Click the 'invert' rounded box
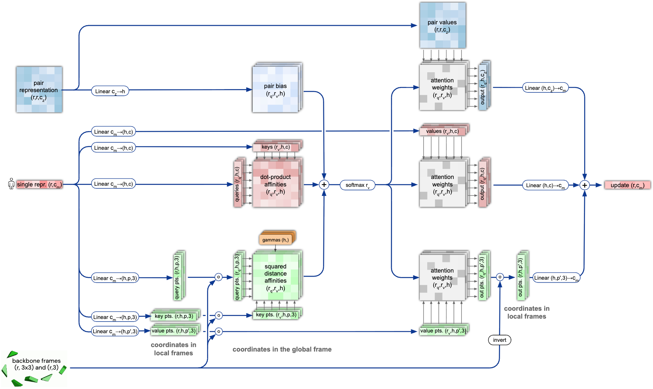click(x=499, y=340)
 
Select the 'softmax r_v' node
click(x=357, y=185)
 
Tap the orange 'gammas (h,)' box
click(x=275, y=240)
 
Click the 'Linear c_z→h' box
click(x=110, y=91)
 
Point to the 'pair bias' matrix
click(x=275, y=90)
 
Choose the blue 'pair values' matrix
click(x=443, y=25)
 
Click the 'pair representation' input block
click(x=39, y=90)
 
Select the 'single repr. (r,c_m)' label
click(x=39, y=185)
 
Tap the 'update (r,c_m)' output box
click(x=627, y=185)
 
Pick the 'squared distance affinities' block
click(x=275, y=277)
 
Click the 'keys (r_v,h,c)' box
click(x=276, y=147)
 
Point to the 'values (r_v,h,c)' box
click(x=443, y=131)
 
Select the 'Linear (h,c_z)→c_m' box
click(x=545, y=88)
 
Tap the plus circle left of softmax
click(x=324, y=185)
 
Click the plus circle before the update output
click(x=585, y=185)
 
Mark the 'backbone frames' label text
click(x=36, y=364)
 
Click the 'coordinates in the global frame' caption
click(x=282, y=349)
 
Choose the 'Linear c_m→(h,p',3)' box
click(x=115, y=331)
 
